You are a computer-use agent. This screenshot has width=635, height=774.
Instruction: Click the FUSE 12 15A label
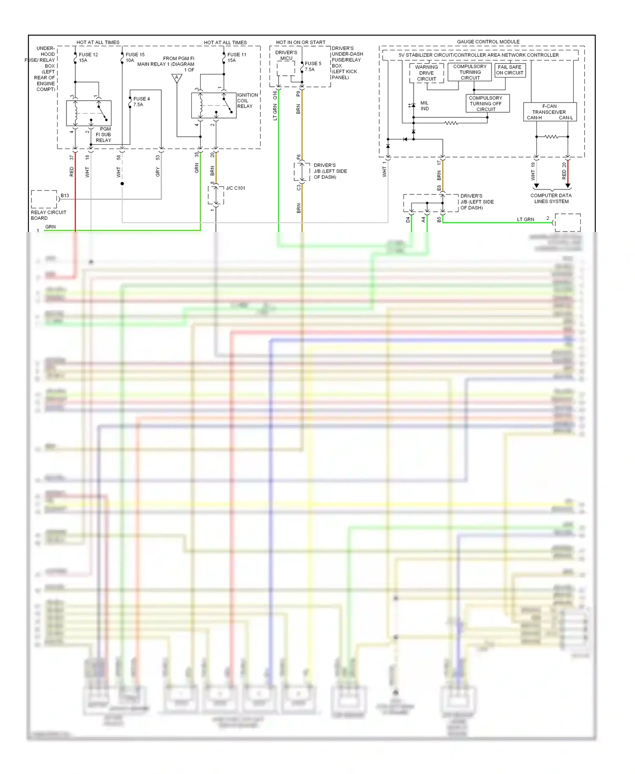(88, 58)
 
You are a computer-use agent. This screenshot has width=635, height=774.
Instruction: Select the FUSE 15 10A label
(135, 58)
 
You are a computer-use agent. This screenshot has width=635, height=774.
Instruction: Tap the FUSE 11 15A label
(236, 58)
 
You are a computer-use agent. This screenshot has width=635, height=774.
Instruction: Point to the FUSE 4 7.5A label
(141, 102)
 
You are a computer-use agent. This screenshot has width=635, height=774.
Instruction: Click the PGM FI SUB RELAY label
(103, 135)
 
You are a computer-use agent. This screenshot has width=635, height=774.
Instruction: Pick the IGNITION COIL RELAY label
(247, 101)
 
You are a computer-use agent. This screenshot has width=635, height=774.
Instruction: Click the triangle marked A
(177, 78)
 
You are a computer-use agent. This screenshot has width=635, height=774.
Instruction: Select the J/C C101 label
(235, 188)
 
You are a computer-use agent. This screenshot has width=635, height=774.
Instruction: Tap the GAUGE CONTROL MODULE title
(488, 41)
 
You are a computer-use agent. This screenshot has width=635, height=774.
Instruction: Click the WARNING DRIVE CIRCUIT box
(426, 73)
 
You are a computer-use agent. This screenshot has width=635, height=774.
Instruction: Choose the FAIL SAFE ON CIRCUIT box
(510, 70)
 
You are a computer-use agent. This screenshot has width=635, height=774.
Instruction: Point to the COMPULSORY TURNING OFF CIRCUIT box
(486, 104)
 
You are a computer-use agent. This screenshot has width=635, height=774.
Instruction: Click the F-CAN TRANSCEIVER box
(549, 112)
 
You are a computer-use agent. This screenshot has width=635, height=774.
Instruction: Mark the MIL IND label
(424, 106)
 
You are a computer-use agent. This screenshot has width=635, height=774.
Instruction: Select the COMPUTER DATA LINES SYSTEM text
(551, 199)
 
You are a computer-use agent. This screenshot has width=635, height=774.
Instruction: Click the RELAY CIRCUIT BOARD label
(48, 215)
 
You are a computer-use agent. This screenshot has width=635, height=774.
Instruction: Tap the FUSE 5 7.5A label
(313, 66)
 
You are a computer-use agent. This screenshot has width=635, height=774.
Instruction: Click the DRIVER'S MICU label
(286, 55)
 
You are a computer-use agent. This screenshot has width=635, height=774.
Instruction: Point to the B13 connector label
(65, 196)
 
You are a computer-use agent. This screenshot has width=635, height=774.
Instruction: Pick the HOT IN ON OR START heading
(301, 42)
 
